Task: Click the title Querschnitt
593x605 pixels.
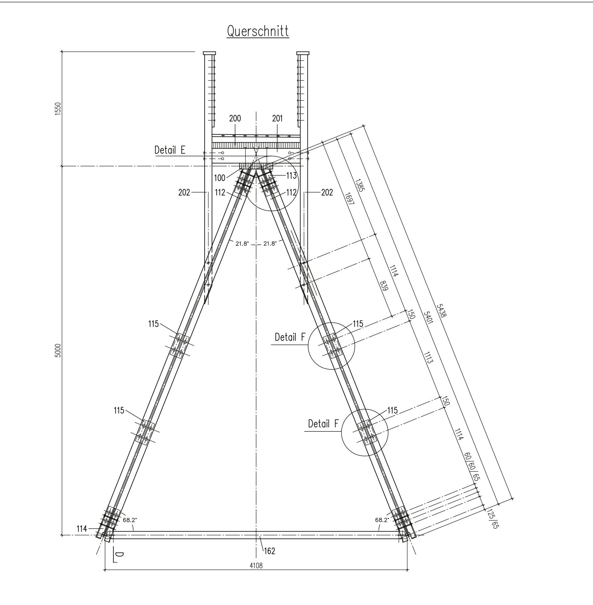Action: [x=258, y=32]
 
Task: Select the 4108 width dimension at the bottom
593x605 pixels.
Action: [x=256, y=565]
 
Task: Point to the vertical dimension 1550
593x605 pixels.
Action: [x=58, y=109]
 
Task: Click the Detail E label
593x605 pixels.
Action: [x=170, y=150]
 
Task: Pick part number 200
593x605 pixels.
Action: [x=235, y=118]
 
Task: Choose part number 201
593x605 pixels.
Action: [x=277, y=118]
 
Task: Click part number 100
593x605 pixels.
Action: [x=220, y=178]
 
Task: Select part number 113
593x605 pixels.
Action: [x=291, y=176]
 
